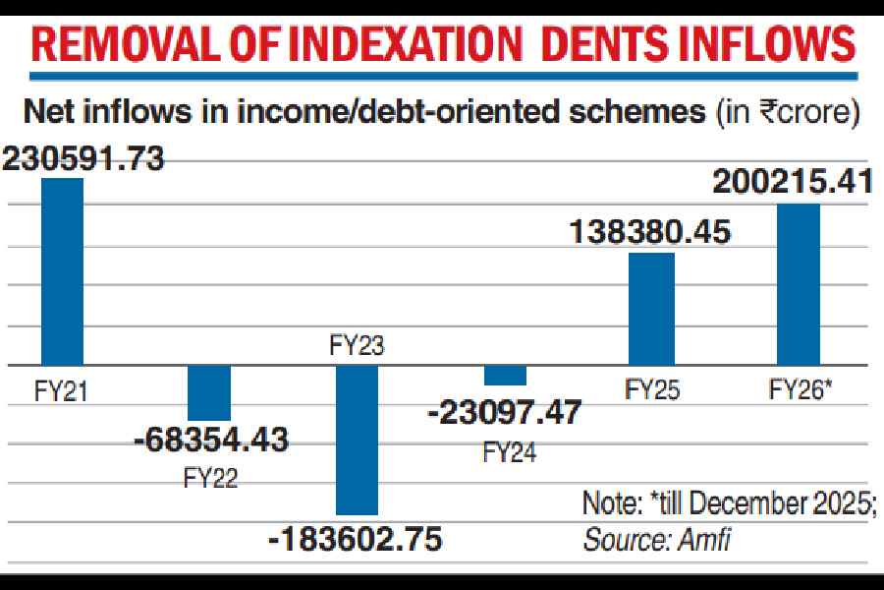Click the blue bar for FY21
point(62,271)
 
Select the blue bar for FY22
point(209,393)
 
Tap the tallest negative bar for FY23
point(358,440)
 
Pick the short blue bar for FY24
point(505,375)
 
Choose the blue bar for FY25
point(651,309)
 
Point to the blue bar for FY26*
point(799,284)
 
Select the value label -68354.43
point(211,440)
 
